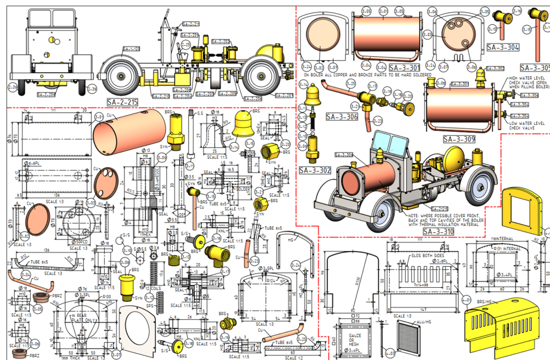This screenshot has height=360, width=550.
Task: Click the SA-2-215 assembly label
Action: tap(123, 101)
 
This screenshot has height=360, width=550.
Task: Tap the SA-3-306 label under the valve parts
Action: tap(341, 116)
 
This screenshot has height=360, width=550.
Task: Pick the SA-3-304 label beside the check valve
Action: tap(503, 48)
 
